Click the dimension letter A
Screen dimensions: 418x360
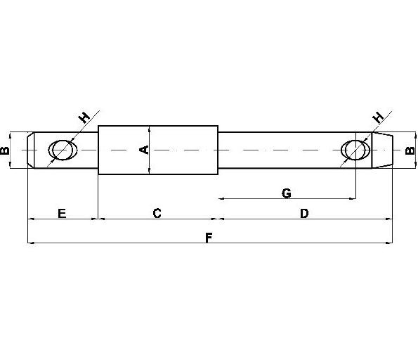point(144,150)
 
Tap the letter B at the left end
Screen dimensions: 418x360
point(4,150)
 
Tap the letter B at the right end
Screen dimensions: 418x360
point(410,150)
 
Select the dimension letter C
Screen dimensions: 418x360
point(157,213)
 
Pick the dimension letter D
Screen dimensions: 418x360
point(304,213)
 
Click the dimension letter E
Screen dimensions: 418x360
point(62,214)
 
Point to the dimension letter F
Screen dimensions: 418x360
point(209,238)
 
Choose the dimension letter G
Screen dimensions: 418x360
point(287,193)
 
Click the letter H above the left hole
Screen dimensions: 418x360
point(84,117)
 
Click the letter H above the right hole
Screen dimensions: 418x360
point(378,117)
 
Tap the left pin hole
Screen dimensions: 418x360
point(63,150)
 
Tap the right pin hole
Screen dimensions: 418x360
point(355,150)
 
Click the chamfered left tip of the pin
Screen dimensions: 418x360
point(31,150)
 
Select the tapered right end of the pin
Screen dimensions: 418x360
point(382,150)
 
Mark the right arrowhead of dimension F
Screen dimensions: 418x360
point(389,243)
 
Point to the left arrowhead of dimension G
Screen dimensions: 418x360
point(222,198)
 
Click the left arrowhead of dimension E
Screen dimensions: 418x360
point(31,219)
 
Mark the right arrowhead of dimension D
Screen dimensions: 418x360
point(389,219)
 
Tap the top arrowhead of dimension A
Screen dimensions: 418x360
point(150,129)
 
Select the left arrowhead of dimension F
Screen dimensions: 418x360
point(31,243)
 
